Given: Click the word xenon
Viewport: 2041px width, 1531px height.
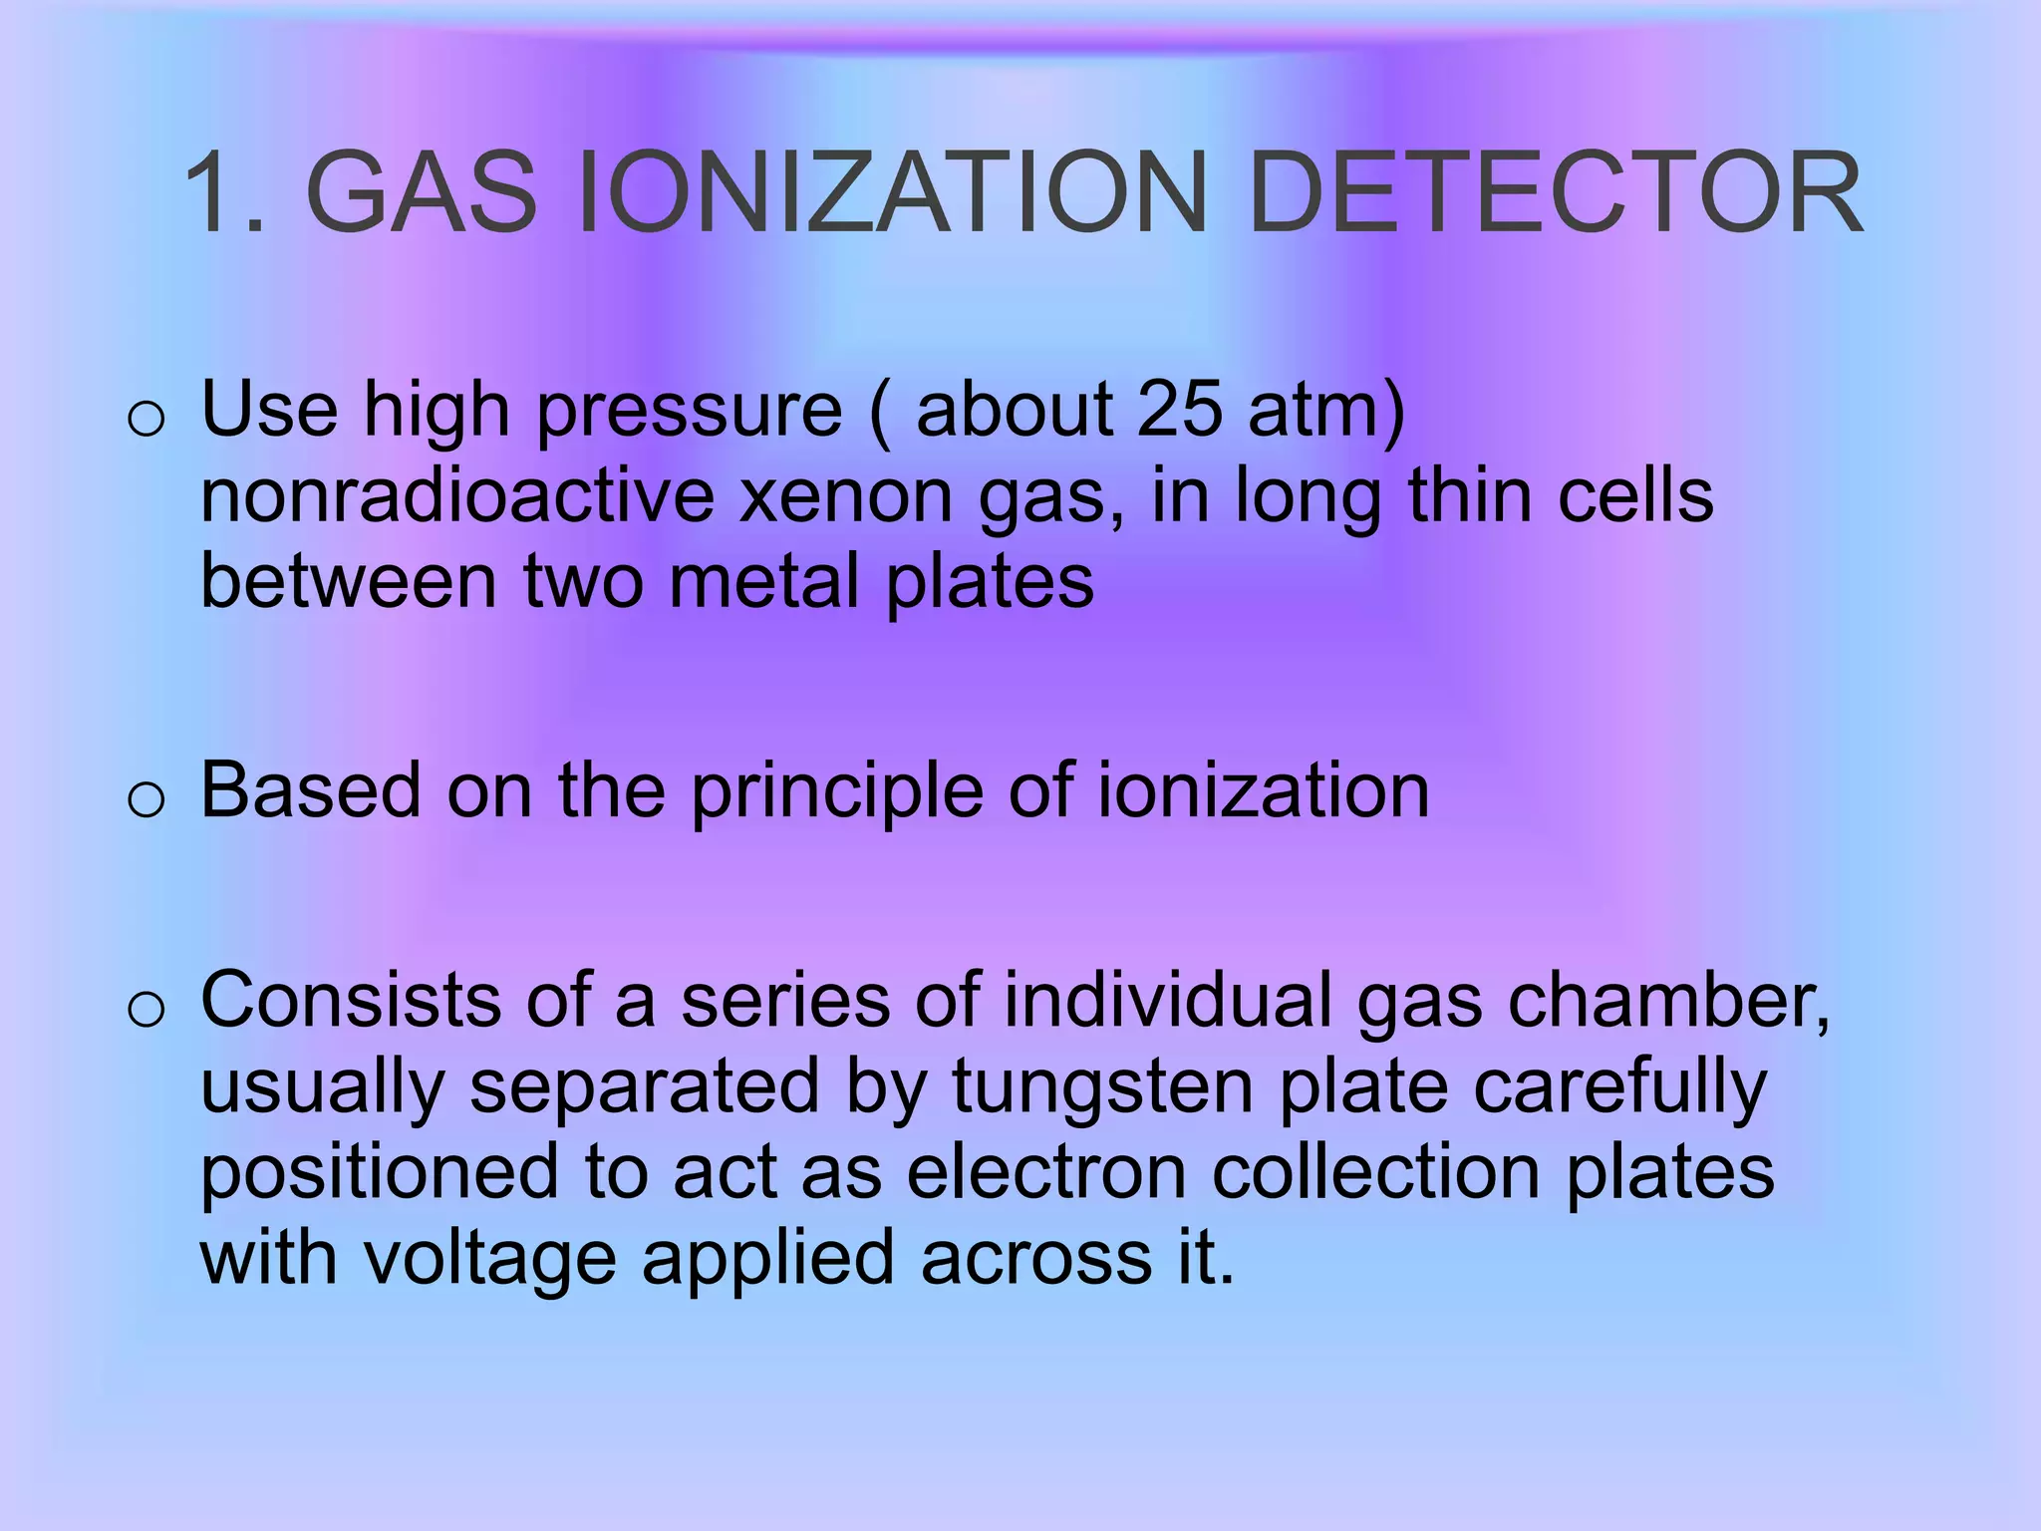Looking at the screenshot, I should (846, 496).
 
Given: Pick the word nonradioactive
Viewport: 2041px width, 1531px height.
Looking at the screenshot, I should (457, 496).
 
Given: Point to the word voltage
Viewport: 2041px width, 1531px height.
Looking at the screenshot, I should (488, 1259).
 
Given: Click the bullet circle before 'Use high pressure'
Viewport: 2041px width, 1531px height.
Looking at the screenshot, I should (146, 420).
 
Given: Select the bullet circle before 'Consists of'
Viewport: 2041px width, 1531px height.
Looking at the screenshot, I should (146, 1010).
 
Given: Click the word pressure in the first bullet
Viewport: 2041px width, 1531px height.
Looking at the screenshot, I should (690, 410).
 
